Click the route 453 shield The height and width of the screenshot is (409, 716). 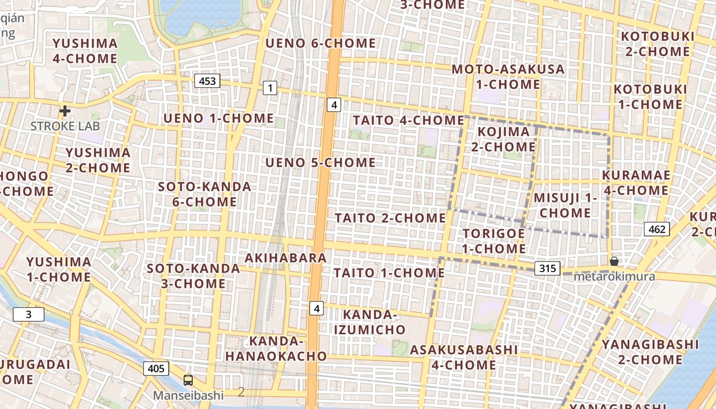tap(207, 80)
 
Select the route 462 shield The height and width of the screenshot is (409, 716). tap(657, 229)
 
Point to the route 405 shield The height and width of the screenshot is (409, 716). tap(156, 368)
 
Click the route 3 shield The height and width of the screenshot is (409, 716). tap(28, 314)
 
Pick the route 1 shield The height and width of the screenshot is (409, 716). tap(270, 88)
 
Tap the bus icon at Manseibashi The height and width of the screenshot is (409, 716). tap(188, 380)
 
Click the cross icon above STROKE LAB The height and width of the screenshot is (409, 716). tap(65, 111)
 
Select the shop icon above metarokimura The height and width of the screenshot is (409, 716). tap(614, 261)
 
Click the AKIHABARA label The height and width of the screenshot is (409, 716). tap(285, 258)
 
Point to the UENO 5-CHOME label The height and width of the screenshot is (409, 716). tap(321, 163)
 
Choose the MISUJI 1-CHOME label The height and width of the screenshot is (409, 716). tap(565, 205)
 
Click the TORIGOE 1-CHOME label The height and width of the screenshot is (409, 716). tap(494, 241)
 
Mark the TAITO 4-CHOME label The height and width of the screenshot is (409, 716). tap(409, 120)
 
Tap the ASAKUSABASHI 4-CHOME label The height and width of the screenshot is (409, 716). tap(463, 357)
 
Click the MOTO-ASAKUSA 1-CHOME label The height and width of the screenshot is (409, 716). tap(508, 76)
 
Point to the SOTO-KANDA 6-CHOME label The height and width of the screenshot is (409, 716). tap(205, 194)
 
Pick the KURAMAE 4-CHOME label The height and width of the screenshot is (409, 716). tap(636, 183)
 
